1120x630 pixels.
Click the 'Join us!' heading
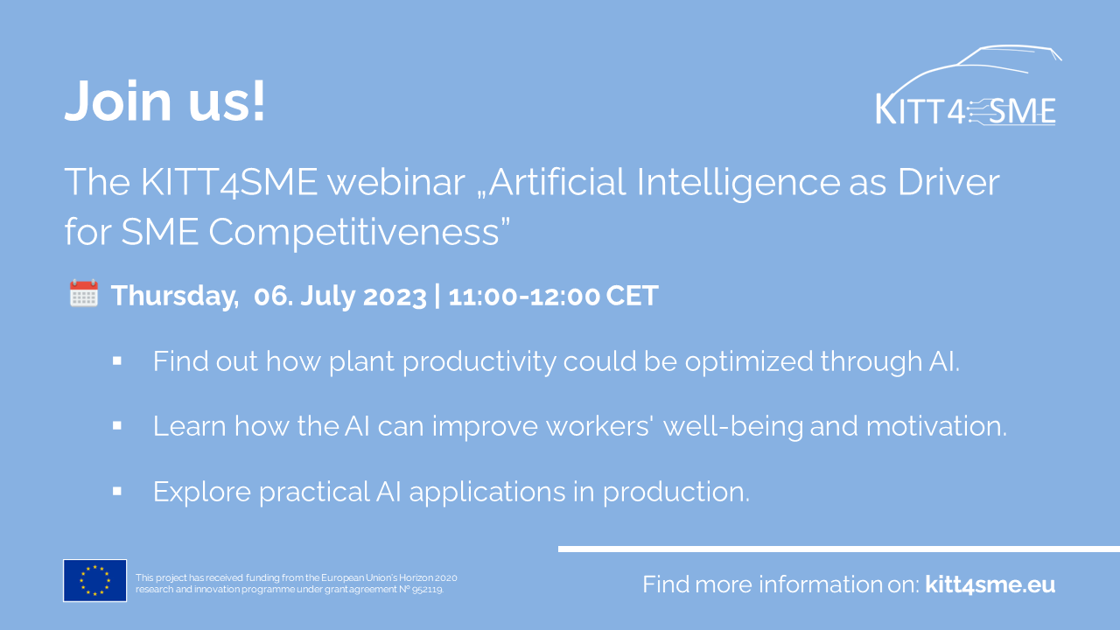(x=164, y=101)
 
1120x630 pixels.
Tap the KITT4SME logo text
(x=965, y=110)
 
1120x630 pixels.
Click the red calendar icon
(x=83, y=293)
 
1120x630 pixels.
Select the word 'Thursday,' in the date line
(x=175, y=296)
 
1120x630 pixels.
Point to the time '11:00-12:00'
(x=523, y=296)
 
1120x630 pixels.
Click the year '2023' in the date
(x=395, y=296)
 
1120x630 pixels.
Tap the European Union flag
(x=95, y=580)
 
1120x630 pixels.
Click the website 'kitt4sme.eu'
(x=990, y=584)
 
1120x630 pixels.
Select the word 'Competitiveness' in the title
(x=353, y=233)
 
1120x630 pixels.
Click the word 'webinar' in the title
(x=396, y=182)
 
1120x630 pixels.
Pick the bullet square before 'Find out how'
(x=117, y=361)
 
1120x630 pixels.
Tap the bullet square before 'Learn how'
(x=117, y=426)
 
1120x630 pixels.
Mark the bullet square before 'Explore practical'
(x=117, y=492)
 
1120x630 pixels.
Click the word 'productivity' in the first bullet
(x=479, y=362)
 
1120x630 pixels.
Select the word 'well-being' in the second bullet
(x=732, y=427)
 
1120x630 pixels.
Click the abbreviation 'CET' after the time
(x=632, y=296)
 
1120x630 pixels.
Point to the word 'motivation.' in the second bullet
(x=936, y=427)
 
